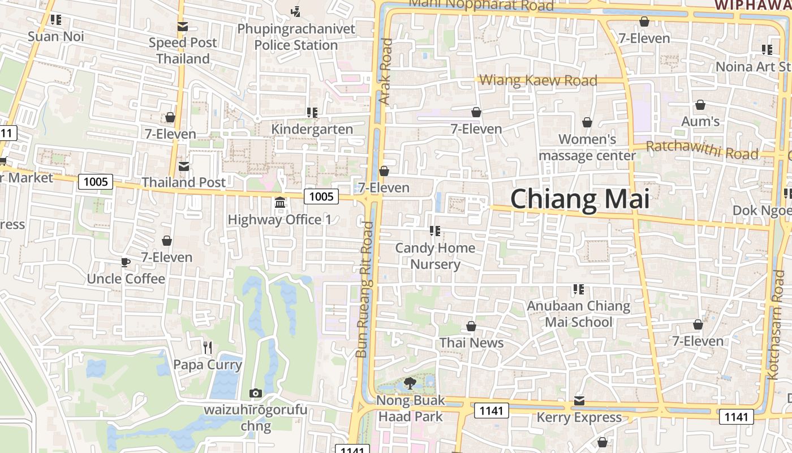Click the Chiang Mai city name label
[x=580, y=199]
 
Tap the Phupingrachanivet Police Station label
[x=296, y=37]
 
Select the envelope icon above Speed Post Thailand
[x=182, y=27]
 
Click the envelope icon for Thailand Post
[x=184, y=166]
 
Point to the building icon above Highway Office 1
[x=279, y=203]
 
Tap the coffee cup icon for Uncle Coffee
[x=126, y=262]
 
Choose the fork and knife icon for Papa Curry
[x=208, y=347]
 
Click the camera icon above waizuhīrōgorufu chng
[x=256, y=393]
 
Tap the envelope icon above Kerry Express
[x=579, y=401]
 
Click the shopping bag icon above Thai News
[x=471, y=327]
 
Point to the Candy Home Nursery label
[x=435, y=256]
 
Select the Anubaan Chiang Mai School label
[x=578, y=314]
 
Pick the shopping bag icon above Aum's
[x=700, y=105]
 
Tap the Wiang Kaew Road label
[x=538, y=80]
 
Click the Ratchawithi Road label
[x=702, y=150]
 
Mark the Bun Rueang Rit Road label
[x=365, y=289]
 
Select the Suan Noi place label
[x=56, y=37]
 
